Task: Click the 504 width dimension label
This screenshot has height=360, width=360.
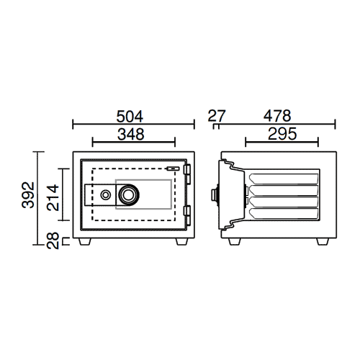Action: coord(130,117)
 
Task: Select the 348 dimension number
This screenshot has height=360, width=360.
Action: coord(131,134)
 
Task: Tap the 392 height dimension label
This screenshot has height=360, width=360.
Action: coord(28,195)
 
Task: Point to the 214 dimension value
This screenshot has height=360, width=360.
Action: coord(53,197)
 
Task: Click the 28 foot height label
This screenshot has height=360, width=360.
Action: coord(53,240)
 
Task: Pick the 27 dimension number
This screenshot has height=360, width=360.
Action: coord(217,116)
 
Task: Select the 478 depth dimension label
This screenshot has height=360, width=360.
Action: coord(277,116)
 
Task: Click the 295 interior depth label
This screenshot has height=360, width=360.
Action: coord(282,134)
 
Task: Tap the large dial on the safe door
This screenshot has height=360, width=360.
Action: coord(129,195)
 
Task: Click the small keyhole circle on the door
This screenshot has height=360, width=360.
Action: coord(105,195)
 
